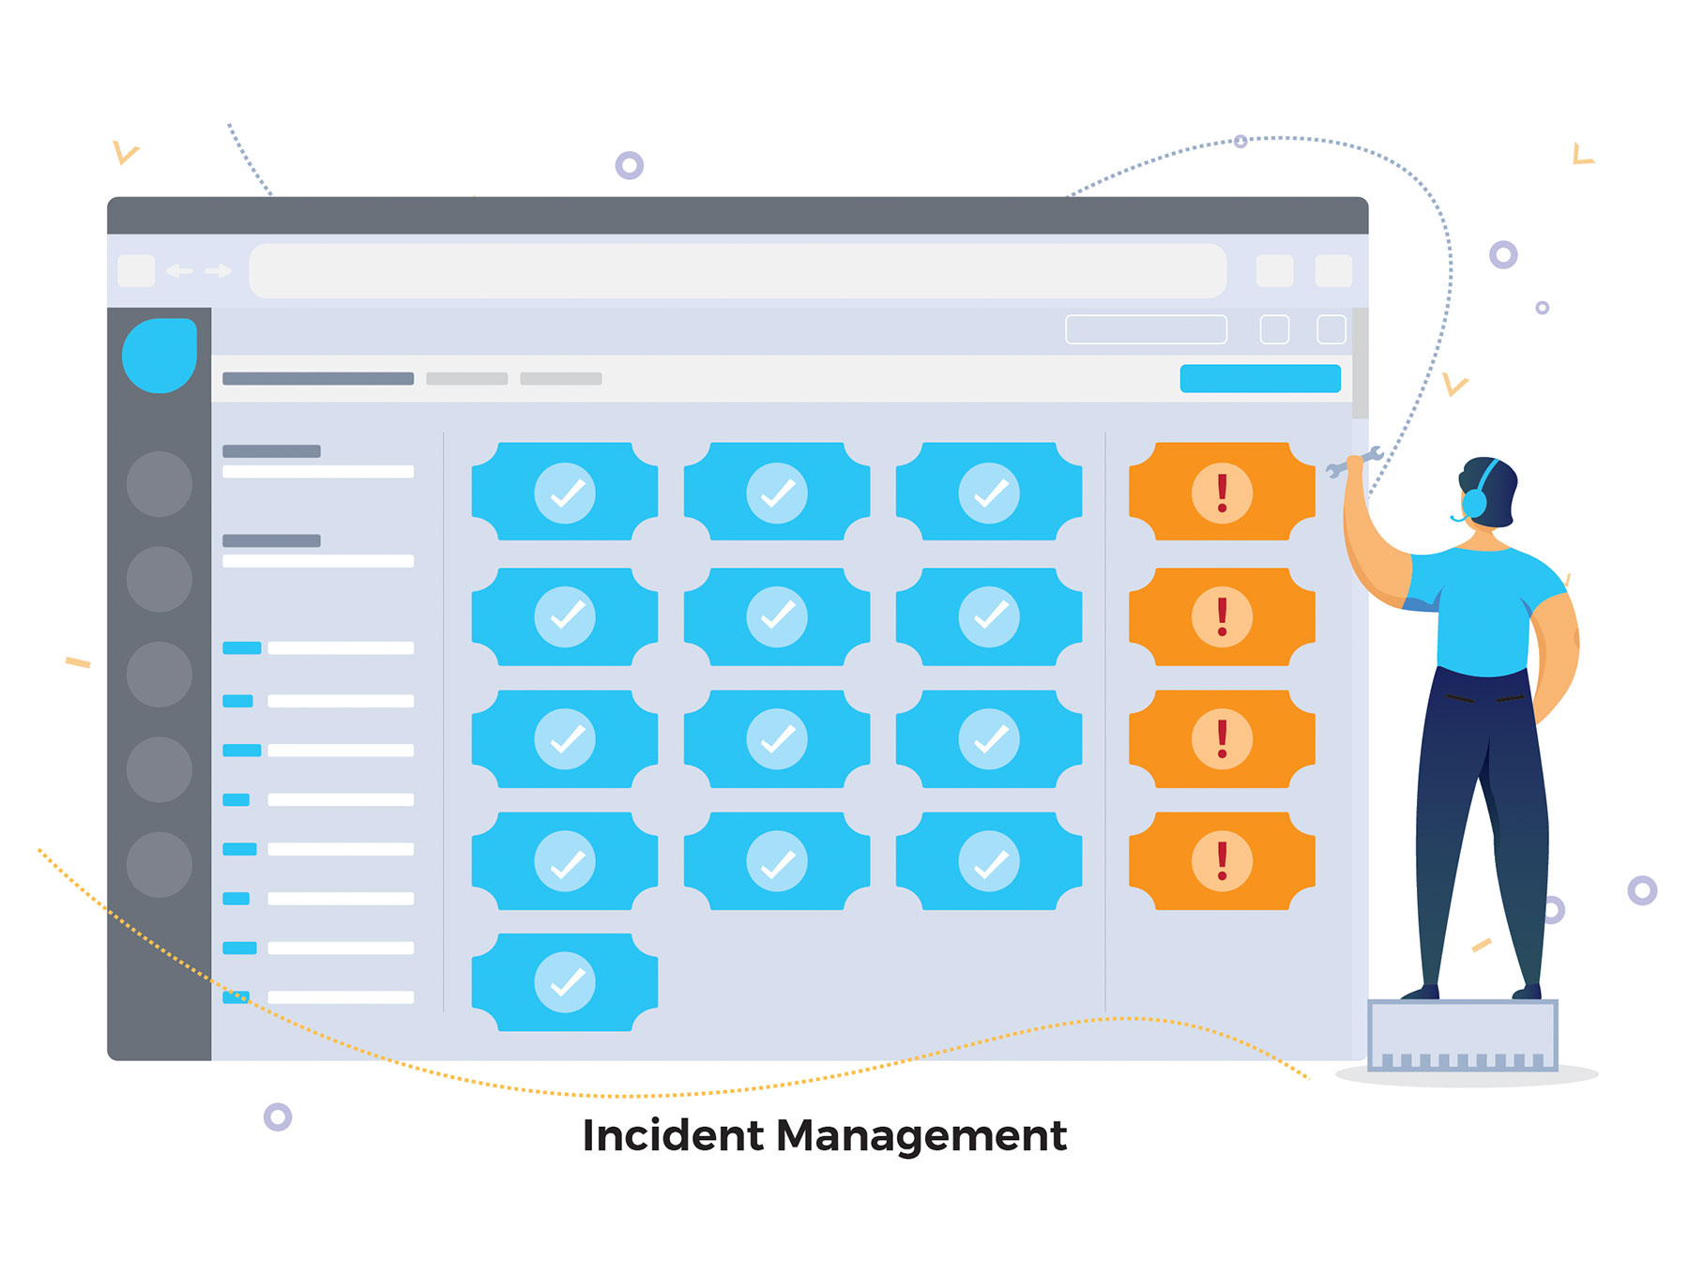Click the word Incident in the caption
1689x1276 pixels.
672,1135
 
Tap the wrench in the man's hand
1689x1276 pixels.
1355,463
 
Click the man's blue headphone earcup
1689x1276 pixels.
1475,502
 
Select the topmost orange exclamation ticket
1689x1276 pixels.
1222,492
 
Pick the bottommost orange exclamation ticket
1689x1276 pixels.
1222,860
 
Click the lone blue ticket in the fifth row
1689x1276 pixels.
564,982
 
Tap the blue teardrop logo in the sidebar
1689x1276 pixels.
160,356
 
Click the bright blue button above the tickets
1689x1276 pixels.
1259,378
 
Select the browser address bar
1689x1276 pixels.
738,271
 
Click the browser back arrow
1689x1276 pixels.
179,271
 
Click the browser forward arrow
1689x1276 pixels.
219,271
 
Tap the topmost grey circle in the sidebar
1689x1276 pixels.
160,484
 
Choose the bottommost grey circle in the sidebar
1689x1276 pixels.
160,864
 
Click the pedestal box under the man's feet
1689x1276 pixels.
1462,1034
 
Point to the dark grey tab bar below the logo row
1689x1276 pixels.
318,379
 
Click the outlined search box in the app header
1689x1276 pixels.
1146,329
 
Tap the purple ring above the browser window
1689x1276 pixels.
630,166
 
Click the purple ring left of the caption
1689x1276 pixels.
278,1116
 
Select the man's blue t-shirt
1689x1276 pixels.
1484,610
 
